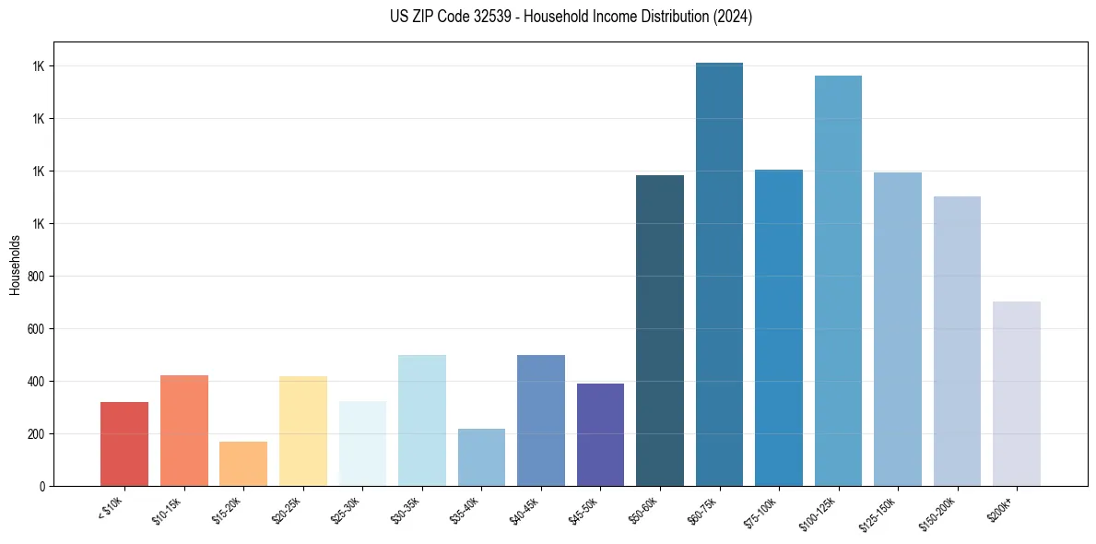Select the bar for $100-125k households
coord(838,280)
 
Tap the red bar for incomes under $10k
coord(124,443)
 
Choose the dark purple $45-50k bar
coord(600,434)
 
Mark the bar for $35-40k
coord(481,457)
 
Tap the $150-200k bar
coord(957,341)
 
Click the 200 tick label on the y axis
coord(37,434)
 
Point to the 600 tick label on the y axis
coord(37,329)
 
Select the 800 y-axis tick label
coord(37,277)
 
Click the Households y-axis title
coord(16,265)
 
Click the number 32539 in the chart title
coord(488,17)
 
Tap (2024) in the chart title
coord(733,17)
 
